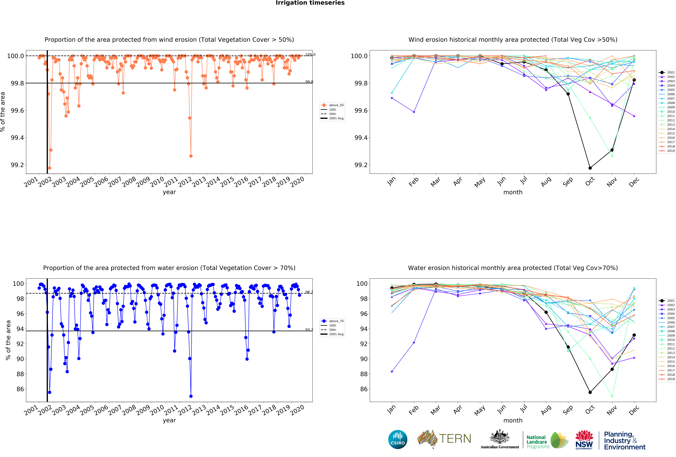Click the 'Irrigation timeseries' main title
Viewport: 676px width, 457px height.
point(310,3)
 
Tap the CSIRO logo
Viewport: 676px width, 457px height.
point(398,439)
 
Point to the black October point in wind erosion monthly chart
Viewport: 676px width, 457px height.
point(590,168)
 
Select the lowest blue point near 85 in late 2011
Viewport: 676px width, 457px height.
point(191,396)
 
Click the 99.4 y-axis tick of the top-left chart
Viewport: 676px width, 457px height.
point(17,138)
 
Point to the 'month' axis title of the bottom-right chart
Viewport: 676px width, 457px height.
point(513,420)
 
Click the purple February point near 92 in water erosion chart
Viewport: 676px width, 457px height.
point(414,343)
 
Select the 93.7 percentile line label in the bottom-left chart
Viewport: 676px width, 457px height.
point(309,329)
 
